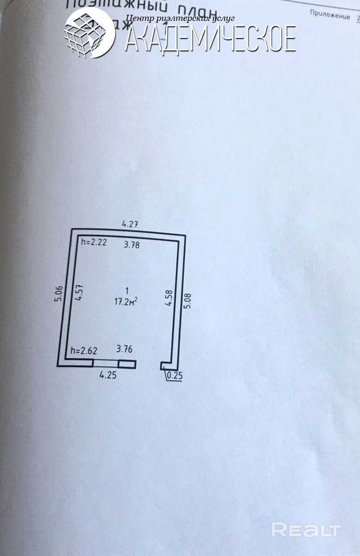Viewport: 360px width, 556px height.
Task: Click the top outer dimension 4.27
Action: click(130, 224)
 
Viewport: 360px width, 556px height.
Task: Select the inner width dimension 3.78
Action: click(131, 245)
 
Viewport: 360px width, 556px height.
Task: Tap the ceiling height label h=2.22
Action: click(94, 242)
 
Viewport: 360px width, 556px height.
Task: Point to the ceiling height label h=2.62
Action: click(84, 351)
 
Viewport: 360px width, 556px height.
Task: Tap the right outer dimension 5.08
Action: click(188, 299)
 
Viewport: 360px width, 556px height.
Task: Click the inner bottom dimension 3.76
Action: click(124, 349)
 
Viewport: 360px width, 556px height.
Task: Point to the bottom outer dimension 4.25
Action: click(108, 375)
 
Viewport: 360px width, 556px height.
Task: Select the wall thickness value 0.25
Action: click(175, 376)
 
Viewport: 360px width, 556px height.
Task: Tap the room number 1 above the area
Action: click(127, 291)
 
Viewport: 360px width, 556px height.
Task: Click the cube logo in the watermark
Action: click(88, 32)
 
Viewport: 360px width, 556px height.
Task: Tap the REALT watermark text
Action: click(306, 530)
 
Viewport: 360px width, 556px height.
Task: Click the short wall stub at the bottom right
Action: click(165, 366)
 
